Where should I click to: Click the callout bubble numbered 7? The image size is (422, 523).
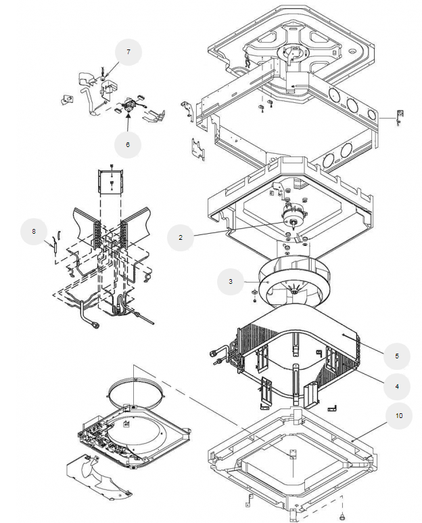coord(128,52)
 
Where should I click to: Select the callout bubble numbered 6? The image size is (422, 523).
coord(128,145)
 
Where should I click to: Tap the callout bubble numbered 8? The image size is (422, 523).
coord(34,232)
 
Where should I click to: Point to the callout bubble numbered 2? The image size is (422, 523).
coord(180,238)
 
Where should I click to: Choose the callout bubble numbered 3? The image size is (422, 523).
coord(231,282)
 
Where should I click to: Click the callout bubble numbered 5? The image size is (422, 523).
coord(397,356)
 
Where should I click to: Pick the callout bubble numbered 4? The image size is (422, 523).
coord(397,387)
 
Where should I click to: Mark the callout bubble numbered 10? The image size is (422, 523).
coord(399,415)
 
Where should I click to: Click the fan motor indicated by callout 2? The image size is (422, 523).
coord(291,216)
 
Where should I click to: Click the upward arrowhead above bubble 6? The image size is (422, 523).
coord(128,116)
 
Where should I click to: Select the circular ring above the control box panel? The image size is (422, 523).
coord(137,394)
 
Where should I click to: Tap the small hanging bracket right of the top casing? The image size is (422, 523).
coord(400,117)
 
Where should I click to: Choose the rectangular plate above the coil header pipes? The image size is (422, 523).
coord(110,182)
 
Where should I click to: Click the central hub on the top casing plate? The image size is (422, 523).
coord(291,54)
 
